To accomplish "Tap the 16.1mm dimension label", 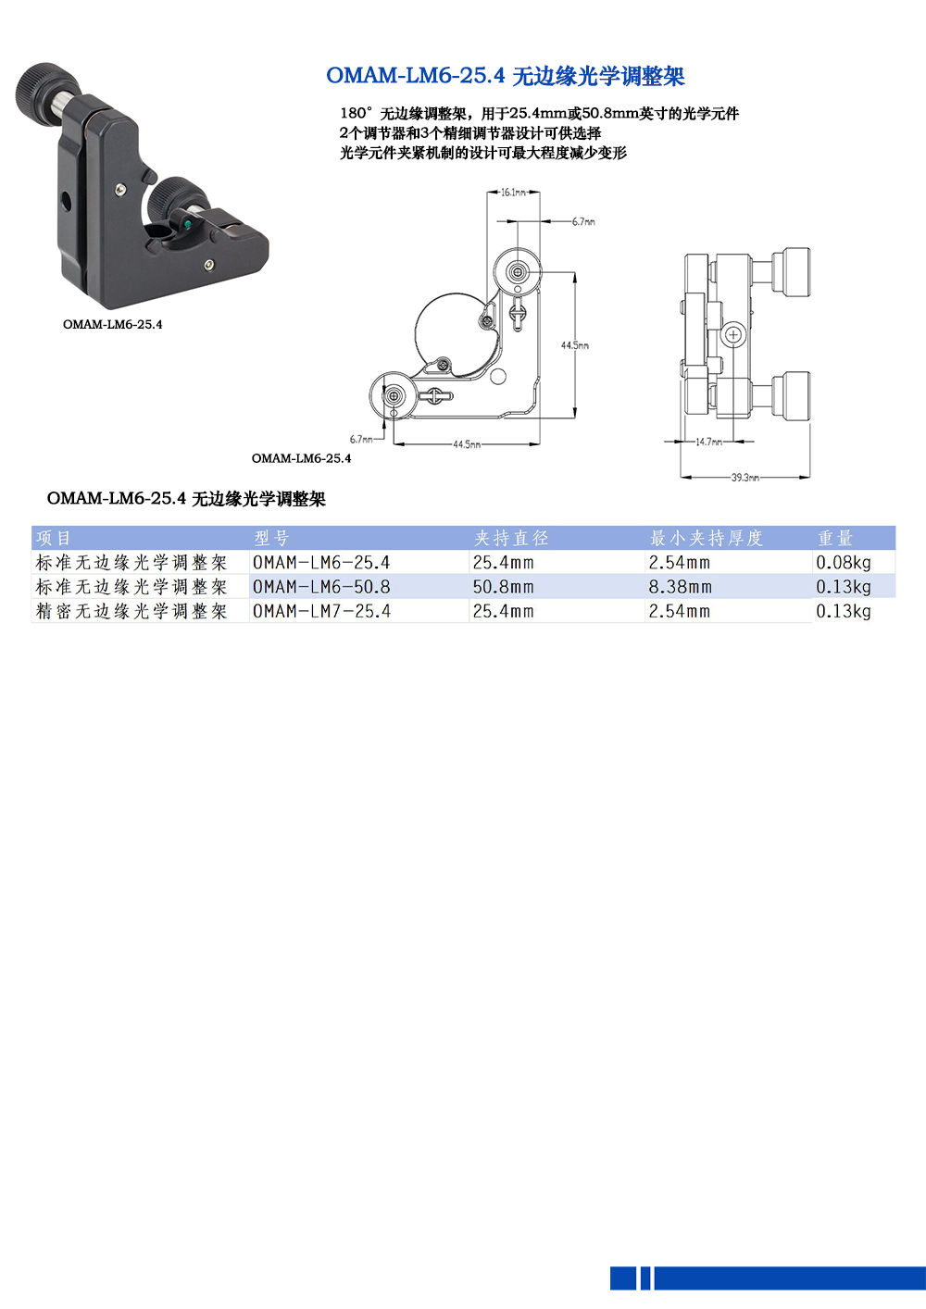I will [x=513, y=193].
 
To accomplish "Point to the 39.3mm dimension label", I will [x=745, y=478].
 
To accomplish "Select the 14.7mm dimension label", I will [x=709, y=443].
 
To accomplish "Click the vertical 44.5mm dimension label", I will [x=574, y=345].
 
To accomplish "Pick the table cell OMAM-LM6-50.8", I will [x=321, y=587].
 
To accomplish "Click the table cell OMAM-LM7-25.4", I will [x=321, y=612].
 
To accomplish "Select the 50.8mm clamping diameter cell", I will [x=503, y=587].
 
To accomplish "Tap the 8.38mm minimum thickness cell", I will [x=680, y=587].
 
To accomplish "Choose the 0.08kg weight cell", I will [x=843, y=563].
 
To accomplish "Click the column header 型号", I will [x=271, y=538].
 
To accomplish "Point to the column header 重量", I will [x=834, y=538].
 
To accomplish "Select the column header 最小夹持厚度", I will [x=706, y=538].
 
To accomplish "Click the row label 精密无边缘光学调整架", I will [x=131, y=612].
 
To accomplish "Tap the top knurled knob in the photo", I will [x=39, y=87].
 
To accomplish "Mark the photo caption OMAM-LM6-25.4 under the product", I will [x=112, y=324].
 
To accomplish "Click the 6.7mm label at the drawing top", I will [x=583, y=222].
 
